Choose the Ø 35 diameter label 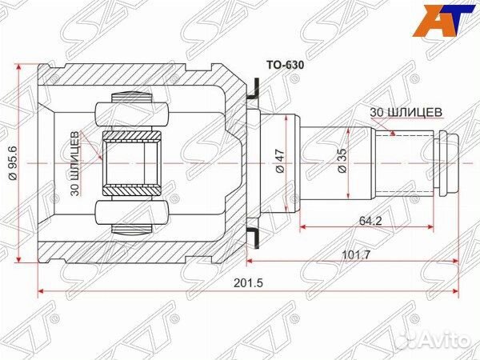[x=341, y=162]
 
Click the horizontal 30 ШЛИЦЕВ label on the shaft [x=406, y=113]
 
